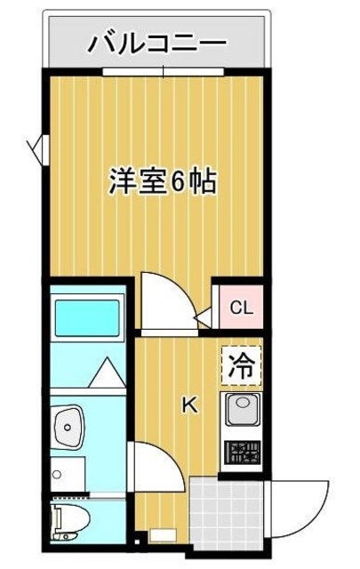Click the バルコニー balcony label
pyautogui.click(x=156, y=42)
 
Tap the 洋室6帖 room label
pyautogui.click(x=164, y=181)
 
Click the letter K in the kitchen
pyautogui.click(x=189, y=405)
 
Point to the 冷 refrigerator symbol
pyautogui.click(x=241, y=364)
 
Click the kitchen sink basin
pyautogui.click(x=241, y=410)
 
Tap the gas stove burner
pyautogui.click(x=241, y=453)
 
